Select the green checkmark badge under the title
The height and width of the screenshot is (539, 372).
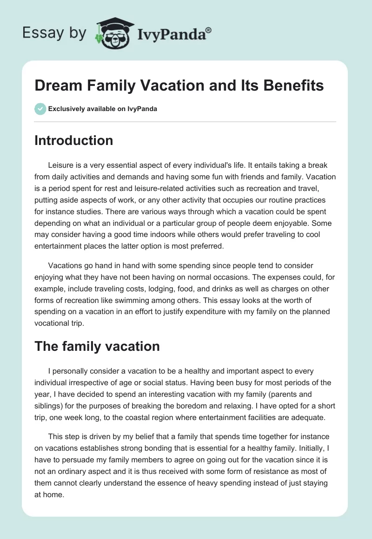(x=40, y=109)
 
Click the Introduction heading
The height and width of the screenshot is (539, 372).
(x=73, y=140)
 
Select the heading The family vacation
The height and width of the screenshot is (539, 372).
(x=97, y=346)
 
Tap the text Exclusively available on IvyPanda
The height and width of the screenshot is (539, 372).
(x=102, y=109)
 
